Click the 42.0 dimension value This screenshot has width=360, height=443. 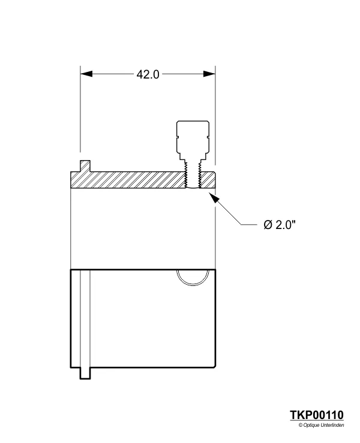point(148,74)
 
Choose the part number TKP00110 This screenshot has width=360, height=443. point(317,415)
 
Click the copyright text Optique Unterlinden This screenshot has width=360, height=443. point(321,425)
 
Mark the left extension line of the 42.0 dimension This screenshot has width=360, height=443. point(80,114)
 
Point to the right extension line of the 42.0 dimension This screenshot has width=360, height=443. point(215,114)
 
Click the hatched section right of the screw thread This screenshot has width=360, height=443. point(207,179)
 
